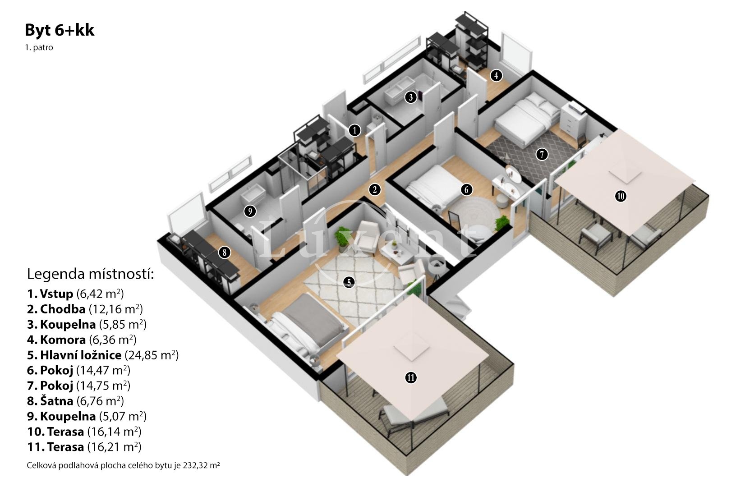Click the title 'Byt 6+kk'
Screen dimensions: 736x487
(x=60, y=30)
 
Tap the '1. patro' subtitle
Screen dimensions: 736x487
(x=39, y=47)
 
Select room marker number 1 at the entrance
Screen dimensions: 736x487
(x=354, y=130)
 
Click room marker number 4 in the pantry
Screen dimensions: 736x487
(x=496, y=76)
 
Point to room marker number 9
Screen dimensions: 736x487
(x=250, y=211)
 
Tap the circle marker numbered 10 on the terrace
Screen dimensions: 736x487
(x=621, y=197)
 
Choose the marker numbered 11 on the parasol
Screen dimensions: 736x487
(x=411, y=378)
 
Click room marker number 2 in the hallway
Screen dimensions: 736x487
(x=375, y=189)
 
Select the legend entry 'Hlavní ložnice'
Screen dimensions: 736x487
(x=80, y=355)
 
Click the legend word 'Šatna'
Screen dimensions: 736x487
(x=56, y=401)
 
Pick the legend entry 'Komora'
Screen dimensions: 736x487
(x=63, y=340)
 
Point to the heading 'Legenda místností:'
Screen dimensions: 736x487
(x=90, y=274)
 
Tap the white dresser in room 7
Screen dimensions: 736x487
(x=573, y=120)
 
